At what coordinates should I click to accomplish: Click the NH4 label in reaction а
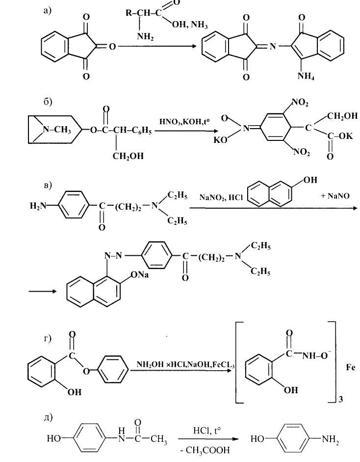[306, 76]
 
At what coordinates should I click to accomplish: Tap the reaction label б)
[48, 102]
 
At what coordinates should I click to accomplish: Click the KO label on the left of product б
[221, 139]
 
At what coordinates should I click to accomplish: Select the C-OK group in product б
[339, 136]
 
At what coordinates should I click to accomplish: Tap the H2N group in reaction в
[38, 205]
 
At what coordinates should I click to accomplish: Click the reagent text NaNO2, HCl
[221, 197]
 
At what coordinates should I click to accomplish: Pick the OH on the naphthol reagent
[309, 180]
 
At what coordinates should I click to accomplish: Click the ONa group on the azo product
[139, 275]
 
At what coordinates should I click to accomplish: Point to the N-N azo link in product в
[113, 255]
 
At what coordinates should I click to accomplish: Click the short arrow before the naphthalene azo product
[42, 291]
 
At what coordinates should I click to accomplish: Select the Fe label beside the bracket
[350, 367]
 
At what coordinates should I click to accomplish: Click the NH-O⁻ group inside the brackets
[314, 355]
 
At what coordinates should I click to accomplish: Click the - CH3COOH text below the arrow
[205, 450]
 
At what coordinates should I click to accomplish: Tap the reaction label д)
[48, 417]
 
